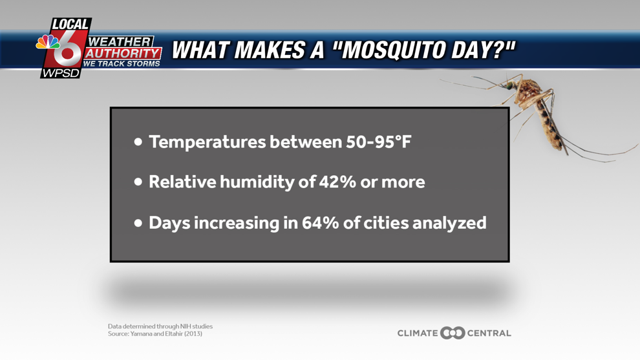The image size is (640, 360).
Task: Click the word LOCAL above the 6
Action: point(70,25)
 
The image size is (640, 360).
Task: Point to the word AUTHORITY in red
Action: point(123,54)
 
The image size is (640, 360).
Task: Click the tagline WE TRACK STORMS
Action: point(122,64)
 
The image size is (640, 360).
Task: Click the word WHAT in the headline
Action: point(200,50)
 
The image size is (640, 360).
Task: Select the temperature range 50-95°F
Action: point(378,142)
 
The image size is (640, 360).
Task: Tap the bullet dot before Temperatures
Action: point(138,142)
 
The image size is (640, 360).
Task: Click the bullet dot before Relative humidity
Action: point(138,182)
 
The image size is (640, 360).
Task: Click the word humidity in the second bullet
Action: point(257,182)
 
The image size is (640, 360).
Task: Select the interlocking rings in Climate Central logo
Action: point(453,333)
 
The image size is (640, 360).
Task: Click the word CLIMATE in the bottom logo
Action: point(418,333)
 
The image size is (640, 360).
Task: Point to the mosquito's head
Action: point(509,85)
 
